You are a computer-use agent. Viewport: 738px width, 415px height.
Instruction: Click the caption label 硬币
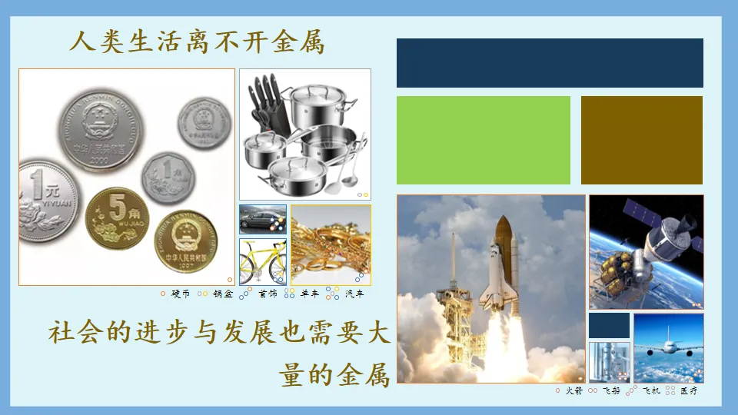tap(181, 294)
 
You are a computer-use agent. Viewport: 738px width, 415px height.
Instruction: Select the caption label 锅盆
tap(223, 294)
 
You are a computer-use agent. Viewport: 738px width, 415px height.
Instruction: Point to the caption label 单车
tap(310, 294)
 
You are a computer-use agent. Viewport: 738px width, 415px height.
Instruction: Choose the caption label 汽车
tap(354, 294)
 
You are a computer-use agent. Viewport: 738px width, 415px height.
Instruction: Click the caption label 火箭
tap(574, 391)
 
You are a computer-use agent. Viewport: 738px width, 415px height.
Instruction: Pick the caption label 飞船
tap(611, 391)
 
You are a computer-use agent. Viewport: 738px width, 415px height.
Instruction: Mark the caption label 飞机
tap(651, 391)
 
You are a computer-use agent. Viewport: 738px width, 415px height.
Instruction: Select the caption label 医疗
tap(689, 391)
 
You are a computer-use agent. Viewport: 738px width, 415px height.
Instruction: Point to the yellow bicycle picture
tap(263, 261)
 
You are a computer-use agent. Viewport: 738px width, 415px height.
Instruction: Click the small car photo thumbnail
tap(263, 219)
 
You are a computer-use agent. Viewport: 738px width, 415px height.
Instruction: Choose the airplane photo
tap(668, 348)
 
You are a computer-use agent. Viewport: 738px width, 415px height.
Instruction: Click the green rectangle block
tap(484, 140)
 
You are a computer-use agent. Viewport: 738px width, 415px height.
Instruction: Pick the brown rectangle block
tap(642, 140)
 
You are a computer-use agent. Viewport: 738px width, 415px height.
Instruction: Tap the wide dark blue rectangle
tap(550, 63)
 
